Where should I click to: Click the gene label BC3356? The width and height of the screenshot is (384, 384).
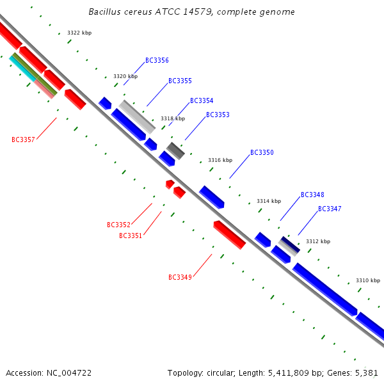[x=157, y=61]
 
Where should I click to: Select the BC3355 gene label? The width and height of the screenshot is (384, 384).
[x=180, y=81]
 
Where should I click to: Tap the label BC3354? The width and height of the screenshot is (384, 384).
[x=202, y=101]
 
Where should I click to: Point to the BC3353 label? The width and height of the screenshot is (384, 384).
[x=218, y=115]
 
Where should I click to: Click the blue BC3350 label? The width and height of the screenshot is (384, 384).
[x=262, y=153]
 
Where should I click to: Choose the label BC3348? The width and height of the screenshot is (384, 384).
[x=312, y=195]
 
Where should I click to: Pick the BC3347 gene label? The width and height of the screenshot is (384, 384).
[x=330, y=209]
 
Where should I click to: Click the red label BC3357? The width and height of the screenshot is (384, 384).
[x=23, y=140]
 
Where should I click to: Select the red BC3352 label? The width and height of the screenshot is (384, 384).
[x=118, y=225]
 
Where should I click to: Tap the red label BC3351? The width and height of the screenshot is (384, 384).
[x=131, y=236]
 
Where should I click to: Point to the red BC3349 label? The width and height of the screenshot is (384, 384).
[x=180, y=278]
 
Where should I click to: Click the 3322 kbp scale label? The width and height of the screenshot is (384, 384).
[x=79, y=33]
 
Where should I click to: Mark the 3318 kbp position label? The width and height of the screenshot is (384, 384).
[x=173, y=118]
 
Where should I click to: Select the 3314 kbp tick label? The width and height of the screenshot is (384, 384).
[x=269, y=201]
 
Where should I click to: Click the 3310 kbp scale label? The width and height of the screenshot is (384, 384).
[x=368, y=280]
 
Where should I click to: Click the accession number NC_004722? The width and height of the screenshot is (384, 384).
[x=70, y=372]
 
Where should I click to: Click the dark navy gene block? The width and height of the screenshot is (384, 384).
[x=289, y=244]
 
